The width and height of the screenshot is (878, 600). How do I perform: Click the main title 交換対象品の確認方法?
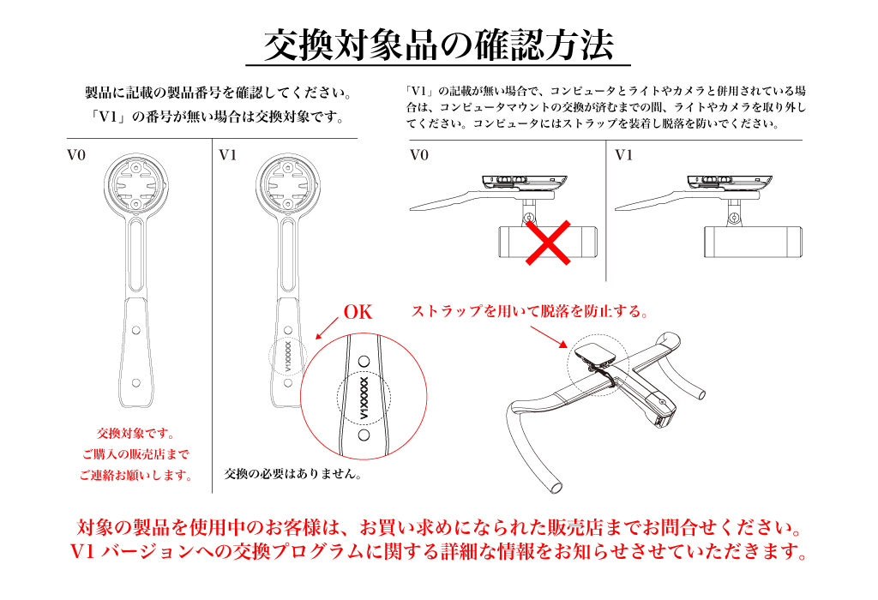click(438, 45)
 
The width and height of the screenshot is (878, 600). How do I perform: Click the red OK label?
click(358, 312)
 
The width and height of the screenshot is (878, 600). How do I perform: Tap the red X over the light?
click(548, 242)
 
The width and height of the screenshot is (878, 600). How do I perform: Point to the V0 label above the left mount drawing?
click(76, 155)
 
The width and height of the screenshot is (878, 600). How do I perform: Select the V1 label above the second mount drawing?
click(228, 155)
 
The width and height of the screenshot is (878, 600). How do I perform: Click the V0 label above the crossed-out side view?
click(418, 155)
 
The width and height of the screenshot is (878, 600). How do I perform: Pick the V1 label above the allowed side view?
click(624, 155)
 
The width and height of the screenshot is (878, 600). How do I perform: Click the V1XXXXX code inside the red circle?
click(364, 398)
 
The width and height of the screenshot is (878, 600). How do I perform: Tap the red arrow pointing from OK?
click(327, 328)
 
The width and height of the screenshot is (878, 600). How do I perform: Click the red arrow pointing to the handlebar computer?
click(549, 337)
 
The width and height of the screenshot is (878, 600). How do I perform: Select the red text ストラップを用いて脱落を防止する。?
click(530, 311)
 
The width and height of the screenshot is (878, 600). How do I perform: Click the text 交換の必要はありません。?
click(293, 474)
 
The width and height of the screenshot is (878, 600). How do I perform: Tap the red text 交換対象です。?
click(136, 433)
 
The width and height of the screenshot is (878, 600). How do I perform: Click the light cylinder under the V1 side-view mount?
click(753, 242)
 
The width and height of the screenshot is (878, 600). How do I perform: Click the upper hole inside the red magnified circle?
click(364, 362)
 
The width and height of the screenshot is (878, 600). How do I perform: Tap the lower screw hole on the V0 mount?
click(136, 383)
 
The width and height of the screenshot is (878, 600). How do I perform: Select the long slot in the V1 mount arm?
click(287, 254)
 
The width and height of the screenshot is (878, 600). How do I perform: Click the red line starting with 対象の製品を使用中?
click(440, 527)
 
